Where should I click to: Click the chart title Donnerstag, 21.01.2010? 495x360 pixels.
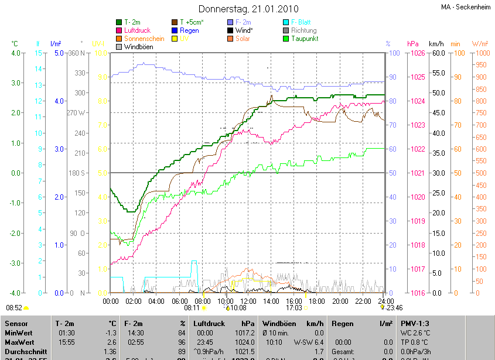pyautogui.click(x=248, y=9)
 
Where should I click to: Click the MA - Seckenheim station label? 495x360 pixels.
pyautogui.click(x=466, y=8)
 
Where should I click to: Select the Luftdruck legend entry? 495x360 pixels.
pyautogui.click(x=138, y=30)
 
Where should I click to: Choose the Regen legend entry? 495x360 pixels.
pyautogui.click(x=189, y=30)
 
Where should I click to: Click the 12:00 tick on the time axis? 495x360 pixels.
pyautogui.click(x=248, y=301)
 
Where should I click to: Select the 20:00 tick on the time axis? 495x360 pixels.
pyautogui.click(x=340, y=301)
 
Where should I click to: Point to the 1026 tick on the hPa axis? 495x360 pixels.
pyautogui.click(x=418, y=53)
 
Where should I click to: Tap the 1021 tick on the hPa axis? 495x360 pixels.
pyautogui.click(x=418, y=173)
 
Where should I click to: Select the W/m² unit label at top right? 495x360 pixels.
pyautogui.click(x=480, y=44)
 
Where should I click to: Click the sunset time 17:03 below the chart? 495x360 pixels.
pyautogui.click(x=294, y=307)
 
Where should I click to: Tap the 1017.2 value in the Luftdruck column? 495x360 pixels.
pyautogui.click(x=245, y=332)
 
